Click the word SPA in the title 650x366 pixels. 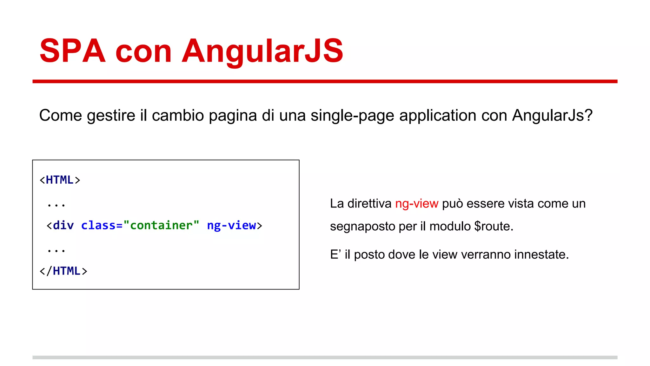tap(72, 51)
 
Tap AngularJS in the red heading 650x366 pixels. tap(262, 51)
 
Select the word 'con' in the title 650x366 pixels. tap(143, 51)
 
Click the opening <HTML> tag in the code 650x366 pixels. tap(60, 180)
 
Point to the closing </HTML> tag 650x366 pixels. tap(63, 271)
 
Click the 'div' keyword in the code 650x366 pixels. tap(63, 225)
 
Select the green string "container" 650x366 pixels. tap(161, 225)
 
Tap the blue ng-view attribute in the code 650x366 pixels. tap(231, 225)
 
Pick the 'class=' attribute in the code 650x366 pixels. tap(102, 225)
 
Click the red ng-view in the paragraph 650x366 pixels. tap(416, 204)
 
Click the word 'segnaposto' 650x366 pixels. tap(362, 227)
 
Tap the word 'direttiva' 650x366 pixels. tap(369, 204)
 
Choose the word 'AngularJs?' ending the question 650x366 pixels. tap(552, 115)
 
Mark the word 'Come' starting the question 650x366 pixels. tap(61, 115)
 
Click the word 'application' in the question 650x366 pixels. tap(438, 115)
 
